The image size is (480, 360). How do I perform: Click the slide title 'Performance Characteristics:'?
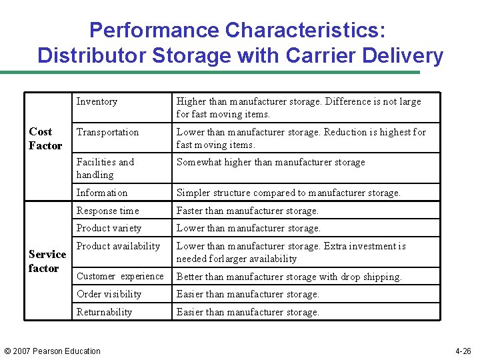click(x=237, y=30)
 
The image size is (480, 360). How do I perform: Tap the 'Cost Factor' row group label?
click(x=45, y=139)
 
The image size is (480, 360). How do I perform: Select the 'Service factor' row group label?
click(x=47, y=261)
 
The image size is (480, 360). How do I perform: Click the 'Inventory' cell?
click(x=97, y=101)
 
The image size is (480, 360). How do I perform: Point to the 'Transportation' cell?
click(x=107, y=132)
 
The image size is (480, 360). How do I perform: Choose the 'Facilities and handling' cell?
click(x=105, y=168)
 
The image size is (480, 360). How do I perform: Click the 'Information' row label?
click(x=102, y=193)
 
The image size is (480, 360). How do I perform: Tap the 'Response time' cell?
click(x=108, y=211)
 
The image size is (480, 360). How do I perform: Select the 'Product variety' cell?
click(x=109, y=228)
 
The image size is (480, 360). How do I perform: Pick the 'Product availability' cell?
click(x=118, y=246)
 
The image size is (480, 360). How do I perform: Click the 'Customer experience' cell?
click(x=120, y=276)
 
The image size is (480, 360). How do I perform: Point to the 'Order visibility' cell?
click(x=109, y=294)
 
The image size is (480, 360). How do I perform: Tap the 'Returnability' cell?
click(x=104, y=312)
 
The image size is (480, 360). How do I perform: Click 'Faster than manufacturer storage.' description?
click(x=247, y=211)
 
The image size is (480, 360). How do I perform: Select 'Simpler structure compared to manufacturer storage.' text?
click(x=288, y=193)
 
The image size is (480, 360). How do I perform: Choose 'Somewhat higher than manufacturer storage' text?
click(x=271, y=162)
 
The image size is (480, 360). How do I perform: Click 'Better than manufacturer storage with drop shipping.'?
click(x=289, y=277)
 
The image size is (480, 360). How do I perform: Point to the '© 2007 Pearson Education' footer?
click(x=53, y=351)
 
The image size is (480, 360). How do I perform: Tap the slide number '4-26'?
click(x=463, y=351)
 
